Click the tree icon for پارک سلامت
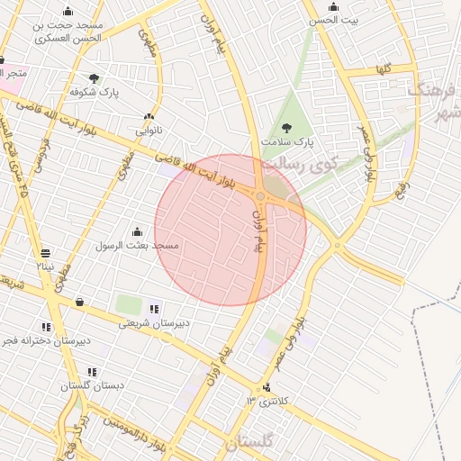point(287,128)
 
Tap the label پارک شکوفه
point(97,92)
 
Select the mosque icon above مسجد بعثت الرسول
point(137,231)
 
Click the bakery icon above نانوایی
point(148,117)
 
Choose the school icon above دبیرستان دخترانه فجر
point(47,327)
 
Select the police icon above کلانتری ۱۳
point(266,388)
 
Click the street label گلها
point(384,69)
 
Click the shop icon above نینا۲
point(46,252)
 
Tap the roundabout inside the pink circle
point(260,195)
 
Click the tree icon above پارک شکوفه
point(95,78)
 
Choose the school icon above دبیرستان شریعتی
point(154,308)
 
